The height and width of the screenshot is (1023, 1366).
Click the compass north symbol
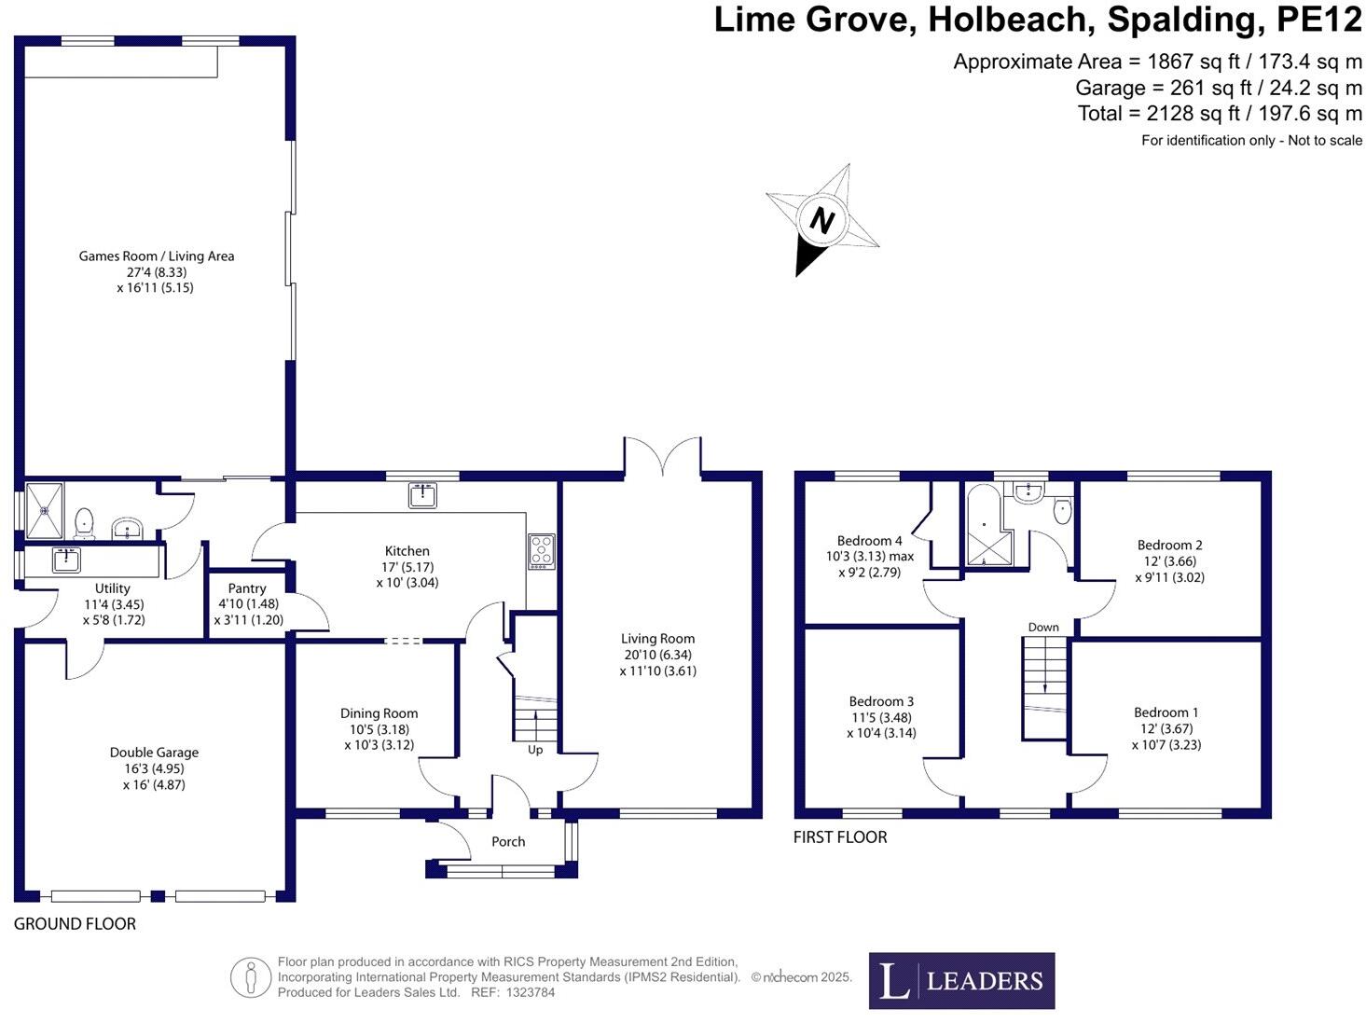click(821, 221)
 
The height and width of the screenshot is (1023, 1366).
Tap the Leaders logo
click(961, 980)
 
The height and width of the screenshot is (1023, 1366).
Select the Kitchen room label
click(407, 551)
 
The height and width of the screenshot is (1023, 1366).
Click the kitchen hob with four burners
click(542, 551)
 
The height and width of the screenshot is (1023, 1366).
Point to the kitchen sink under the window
click(422, 495)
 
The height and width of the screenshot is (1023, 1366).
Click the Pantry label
click(247, 588)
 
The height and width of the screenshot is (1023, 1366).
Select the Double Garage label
click(154, 753)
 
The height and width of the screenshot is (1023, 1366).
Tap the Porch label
click(508, 841)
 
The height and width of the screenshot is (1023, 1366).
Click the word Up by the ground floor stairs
click(535, 750)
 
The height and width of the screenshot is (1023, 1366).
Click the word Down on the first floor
click(1043, 627)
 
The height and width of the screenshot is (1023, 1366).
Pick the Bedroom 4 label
click(869, 541)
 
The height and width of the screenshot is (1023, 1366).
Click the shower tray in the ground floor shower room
click(45, 510)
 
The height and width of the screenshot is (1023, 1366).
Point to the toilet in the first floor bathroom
click(1062, 510)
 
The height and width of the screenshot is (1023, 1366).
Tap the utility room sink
click(66, 560)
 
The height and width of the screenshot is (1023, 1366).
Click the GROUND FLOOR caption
click(75, 923)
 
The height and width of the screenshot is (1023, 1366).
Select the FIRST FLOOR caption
click(840, 836)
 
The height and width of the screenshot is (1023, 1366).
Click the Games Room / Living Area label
click(156, 256)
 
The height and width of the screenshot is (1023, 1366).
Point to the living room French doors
click(662, 457)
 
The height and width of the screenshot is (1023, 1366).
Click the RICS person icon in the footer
click(250, 977)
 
